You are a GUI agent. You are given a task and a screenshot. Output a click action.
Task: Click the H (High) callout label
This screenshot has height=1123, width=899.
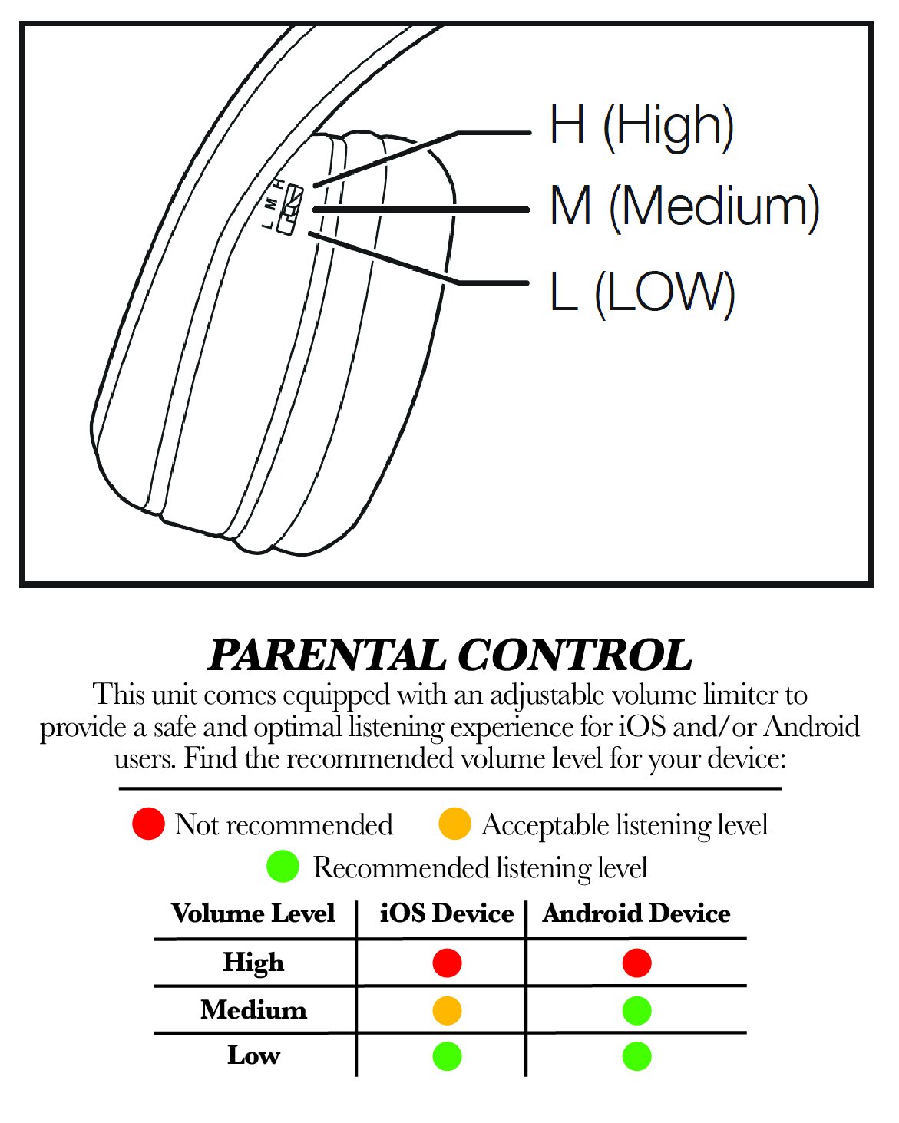click(642, 126)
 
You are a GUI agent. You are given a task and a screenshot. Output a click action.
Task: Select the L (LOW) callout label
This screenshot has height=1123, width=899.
click(642, 292)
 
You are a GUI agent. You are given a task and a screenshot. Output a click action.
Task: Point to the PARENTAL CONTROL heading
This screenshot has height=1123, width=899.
click(450, 656)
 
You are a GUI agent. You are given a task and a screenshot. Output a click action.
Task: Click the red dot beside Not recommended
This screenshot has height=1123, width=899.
click(148, 824)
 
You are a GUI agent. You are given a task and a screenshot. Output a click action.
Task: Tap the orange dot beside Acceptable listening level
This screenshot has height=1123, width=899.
click(454, 824)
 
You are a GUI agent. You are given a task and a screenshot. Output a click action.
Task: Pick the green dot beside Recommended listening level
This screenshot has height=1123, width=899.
click(283, 867)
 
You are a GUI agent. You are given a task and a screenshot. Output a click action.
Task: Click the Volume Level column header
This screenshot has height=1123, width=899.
click(253, 913)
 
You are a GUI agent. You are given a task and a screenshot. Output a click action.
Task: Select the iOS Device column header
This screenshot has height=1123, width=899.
click(447, 913)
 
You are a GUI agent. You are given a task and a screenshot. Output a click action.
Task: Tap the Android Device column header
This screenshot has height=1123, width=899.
click(636, 913)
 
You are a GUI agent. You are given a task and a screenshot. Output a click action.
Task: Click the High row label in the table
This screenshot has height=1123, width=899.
click(253, 963)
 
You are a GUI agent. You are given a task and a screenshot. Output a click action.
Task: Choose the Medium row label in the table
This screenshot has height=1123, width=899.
click(253, 1009)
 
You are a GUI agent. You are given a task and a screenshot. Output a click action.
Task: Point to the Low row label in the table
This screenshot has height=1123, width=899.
click(253, 1055)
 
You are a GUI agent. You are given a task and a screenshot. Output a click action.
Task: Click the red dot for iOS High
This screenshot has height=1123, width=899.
click(447, 963)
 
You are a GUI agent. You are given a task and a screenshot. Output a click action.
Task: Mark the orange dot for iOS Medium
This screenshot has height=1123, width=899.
click(447, 1010)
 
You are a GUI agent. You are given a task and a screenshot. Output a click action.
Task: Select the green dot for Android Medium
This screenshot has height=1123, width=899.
click(636, 1010)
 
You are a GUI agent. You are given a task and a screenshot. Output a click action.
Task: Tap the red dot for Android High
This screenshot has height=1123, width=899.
click(636, 963)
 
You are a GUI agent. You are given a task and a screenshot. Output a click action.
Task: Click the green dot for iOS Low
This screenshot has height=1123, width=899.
click(447, 1056)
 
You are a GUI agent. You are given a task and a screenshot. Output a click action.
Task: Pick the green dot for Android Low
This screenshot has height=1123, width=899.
click(636, 1056)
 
